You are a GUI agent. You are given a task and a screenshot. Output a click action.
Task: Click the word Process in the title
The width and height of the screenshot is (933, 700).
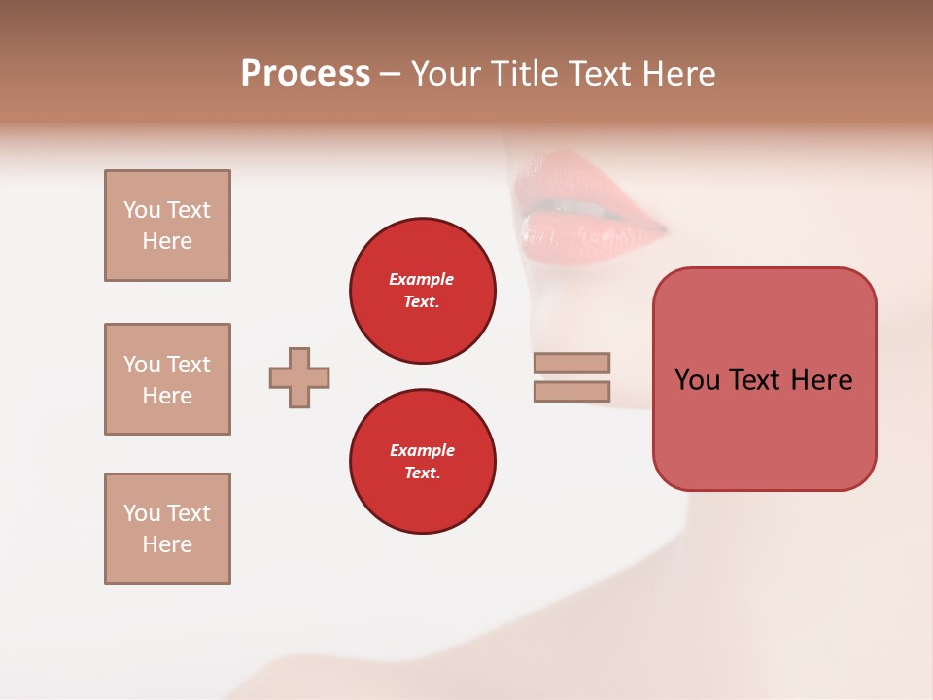click(x=305, y=74)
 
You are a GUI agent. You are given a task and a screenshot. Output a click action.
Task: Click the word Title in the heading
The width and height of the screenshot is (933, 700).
click(x=525, y=74)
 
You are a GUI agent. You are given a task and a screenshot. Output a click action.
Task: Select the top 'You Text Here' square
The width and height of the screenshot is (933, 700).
click(x=167, y=226)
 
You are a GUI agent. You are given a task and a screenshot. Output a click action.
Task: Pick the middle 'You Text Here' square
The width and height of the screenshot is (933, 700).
click(x=167, y=379)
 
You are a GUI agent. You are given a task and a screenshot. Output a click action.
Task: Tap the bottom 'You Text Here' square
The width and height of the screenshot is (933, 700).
click(x=167, y=529)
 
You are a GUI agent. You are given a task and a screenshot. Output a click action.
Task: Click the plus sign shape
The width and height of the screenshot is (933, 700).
click(x=299, y=377)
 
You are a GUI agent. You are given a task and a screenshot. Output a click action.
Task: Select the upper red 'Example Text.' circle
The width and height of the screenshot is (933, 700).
click(x=422, y=290)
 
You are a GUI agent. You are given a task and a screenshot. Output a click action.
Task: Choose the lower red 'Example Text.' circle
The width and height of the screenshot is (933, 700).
click(x=422, y=461)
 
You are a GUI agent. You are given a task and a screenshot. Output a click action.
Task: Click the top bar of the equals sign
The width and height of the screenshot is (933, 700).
click(x=571, y=363)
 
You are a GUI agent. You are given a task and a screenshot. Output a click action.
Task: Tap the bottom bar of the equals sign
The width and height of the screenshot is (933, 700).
click(x=571, y=391)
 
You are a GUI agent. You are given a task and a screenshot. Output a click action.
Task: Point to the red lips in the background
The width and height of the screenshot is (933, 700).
click(x=583, y=209)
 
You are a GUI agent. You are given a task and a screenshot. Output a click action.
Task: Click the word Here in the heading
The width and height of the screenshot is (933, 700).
click(x=674, y=74)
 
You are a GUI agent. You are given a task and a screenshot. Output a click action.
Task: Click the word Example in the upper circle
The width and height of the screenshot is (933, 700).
click(x=422, y=279)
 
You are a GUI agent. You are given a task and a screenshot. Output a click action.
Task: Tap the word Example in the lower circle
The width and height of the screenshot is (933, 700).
click(x=422, y=450)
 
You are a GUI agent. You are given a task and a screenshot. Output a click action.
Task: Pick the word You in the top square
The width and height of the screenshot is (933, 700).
click(x=142, y=210)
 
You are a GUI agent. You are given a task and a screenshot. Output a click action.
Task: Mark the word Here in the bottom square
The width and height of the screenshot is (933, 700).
click(x=167, y=544)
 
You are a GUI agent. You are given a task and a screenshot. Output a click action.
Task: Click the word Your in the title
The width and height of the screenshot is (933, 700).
click(x=446, y=74)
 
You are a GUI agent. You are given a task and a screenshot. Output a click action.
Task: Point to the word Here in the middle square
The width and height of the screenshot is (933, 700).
click(x=167, y=396)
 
